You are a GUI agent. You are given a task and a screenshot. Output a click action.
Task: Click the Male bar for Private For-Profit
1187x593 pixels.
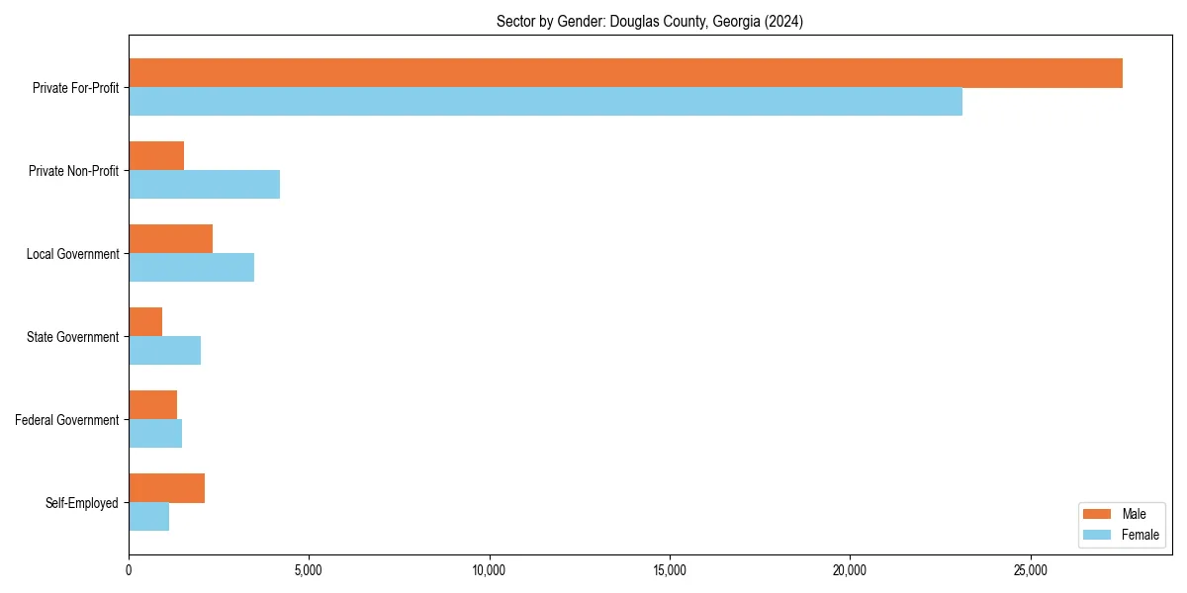point(625,73)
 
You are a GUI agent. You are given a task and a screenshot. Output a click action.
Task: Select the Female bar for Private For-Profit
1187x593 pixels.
point(545,102)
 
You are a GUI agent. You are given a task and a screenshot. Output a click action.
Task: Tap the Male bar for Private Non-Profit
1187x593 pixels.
point(156,156)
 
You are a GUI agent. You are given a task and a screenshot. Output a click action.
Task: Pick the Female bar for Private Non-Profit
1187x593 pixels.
point(204,185)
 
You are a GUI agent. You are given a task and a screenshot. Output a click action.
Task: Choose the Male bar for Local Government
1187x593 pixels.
point(170,239)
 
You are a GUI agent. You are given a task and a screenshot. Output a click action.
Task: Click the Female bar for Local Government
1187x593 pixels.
point(191,268)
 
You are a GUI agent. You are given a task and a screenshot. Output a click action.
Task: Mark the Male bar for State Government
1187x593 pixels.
point(145,322)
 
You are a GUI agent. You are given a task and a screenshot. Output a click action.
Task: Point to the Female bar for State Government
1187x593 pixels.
point(164,351)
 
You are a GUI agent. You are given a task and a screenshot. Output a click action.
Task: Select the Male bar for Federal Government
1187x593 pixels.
point(152,405)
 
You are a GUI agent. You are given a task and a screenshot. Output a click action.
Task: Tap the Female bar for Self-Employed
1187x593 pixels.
point(148,517)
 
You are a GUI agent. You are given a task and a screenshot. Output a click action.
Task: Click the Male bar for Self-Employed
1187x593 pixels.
point(166,488)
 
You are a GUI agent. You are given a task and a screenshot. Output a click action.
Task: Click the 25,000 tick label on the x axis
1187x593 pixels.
point(1031,570)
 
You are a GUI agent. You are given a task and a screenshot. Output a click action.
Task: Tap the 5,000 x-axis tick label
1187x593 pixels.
point(309,570)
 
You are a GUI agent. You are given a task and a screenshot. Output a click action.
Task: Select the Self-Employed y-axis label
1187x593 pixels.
point(81,503)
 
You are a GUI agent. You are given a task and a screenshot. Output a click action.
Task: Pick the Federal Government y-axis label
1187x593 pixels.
point(66,420)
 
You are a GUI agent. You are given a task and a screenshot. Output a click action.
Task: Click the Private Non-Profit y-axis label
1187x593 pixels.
point(73,171)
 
